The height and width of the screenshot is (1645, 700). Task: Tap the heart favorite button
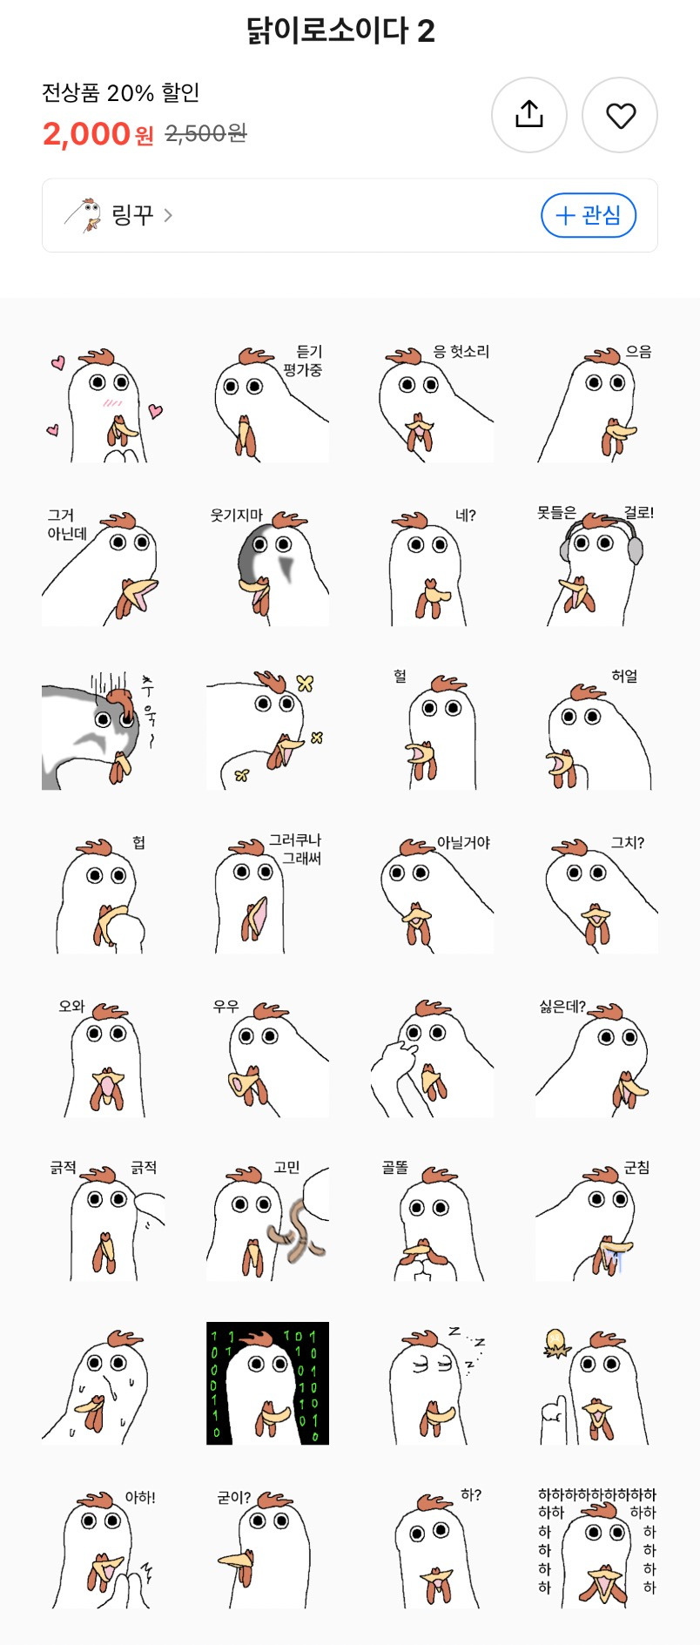[620, 115]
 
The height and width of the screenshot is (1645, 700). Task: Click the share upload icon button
[529, 115]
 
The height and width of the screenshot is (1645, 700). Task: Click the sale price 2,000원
[98, 134]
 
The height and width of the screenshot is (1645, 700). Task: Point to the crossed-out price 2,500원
[206, 133]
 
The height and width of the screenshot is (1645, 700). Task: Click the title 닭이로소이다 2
[340, 31]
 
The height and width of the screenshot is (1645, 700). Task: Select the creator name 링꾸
[132, 215]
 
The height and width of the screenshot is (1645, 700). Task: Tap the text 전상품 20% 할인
[121, 92]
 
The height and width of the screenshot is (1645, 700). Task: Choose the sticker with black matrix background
[267, 1383]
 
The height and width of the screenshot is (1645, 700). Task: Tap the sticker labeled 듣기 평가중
[267, 402]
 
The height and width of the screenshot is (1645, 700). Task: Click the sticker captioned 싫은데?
[597, 1057]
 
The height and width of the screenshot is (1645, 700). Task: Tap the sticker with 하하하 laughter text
[597, 1547]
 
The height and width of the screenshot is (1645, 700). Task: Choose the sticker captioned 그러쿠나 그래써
[267, 893]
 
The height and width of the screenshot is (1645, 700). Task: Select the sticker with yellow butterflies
[267, 730]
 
